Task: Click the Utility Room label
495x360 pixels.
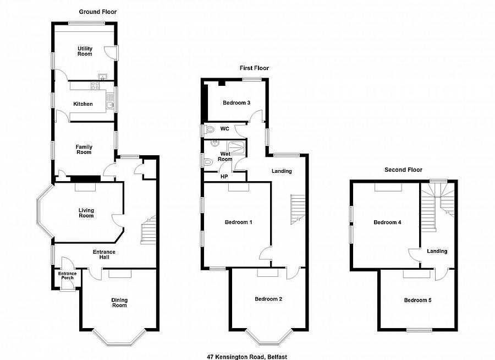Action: (85, 51)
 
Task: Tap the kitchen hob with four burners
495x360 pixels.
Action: (95, 85)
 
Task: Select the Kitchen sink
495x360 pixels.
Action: (110, 106)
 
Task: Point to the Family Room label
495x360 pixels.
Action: (84, 149)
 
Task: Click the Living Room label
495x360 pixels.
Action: (86, 212)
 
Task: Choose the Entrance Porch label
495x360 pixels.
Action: (67, 276)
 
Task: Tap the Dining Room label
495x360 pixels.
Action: (119, 302)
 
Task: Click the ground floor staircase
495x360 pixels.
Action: (148, 230)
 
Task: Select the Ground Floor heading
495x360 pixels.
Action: (98, 12)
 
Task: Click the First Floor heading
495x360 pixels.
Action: (254, 68)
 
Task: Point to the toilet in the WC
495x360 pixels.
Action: (208, 129)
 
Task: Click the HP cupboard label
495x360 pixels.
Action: (224, 177)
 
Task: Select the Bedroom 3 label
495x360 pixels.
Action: (237, 103)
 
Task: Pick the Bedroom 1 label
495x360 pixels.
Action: (238, 222)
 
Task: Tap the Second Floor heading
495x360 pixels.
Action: (403, 170)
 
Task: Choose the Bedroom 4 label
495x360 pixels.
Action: (387, 222)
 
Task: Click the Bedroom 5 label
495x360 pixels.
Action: (417, 300)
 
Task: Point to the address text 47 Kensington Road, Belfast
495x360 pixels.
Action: (247, 357)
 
